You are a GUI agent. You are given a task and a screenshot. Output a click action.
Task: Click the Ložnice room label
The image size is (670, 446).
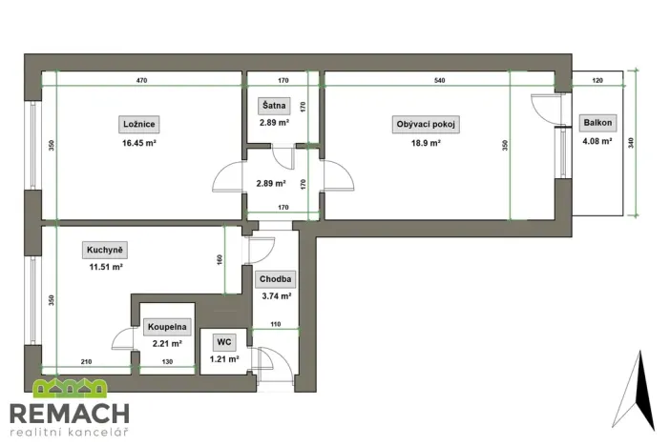tap(139, 124)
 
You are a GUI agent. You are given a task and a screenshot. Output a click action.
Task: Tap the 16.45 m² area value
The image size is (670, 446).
tap(139, 143)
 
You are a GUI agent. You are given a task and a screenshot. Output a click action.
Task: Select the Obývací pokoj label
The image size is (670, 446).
tap(426, 124)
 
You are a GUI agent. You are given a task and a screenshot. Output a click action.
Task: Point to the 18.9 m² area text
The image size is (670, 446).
tap(426, 143)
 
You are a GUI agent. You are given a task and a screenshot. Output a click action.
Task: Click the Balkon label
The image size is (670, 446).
tap(599, 123)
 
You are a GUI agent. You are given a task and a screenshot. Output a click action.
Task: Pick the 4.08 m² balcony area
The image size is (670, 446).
tap(599, 143)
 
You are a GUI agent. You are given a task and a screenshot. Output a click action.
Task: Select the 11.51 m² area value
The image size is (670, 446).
tap(105, 268)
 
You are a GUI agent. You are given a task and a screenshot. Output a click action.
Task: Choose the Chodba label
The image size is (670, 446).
tap(276, 279)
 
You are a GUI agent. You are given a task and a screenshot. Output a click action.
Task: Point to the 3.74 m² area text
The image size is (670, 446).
tap(276, 296)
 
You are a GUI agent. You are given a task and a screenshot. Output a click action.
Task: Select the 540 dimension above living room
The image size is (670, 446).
tap(439, 80)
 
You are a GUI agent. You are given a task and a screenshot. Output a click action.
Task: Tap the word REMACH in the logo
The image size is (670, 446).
tap(69, 415)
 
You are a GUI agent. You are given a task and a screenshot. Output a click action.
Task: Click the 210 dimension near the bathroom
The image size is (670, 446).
tap(87, 362)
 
